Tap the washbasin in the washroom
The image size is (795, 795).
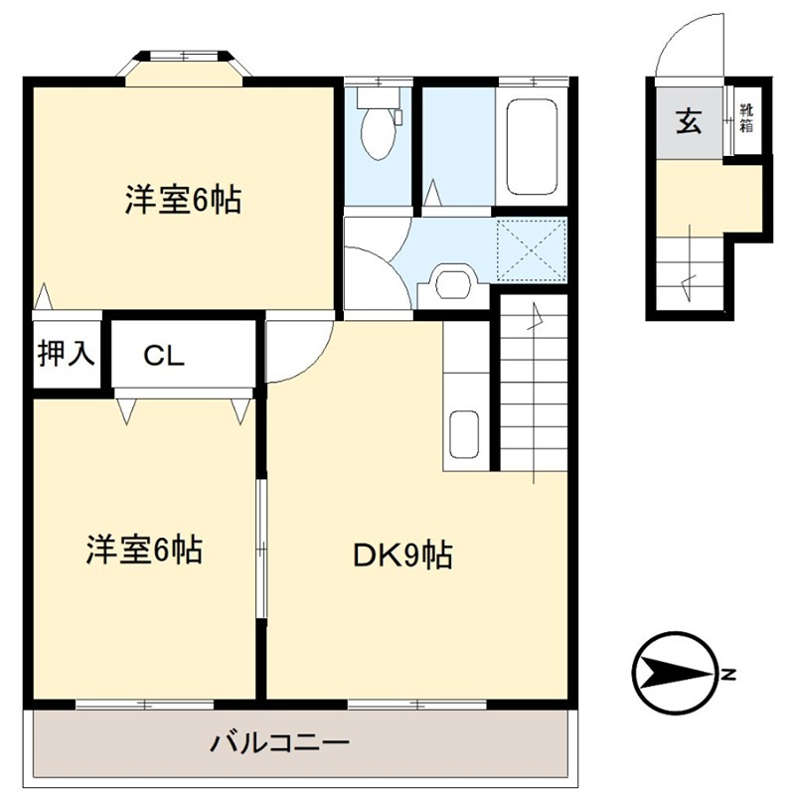pos(451,283)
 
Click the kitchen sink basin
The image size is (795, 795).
pos(464,434)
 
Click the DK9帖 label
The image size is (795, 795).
pos(403,555)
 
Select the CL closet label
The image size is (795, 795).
pos(163,355)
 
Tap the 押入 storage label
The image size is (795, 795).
pos(67,353)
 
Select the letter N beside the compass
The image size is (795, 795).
pos(728,676)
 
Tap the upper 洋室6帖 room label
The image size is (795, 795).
pos(184,201)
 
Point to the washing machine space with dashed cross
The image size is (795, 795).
pos(531,248)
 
